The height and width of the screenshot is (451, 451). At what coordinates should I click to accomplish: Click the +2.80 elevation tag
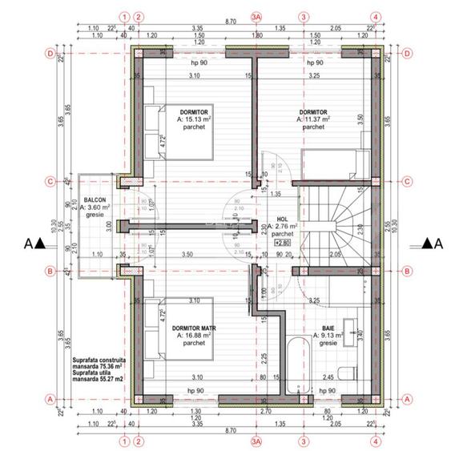point(282,242)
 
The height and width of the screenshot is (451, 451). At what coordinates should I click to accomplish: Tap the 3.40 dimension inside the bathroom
point(361,328)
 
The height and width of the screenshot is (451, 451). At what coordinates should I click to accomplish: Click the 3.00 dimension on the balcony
point(109,225)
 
